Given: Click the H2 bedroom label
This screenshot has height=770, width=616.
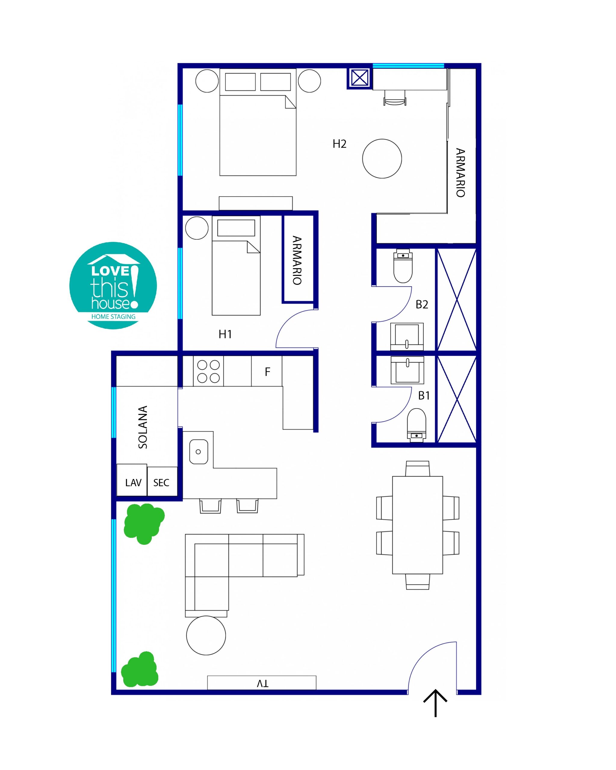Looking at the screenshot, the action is pyautogui.click(x=339, y=144).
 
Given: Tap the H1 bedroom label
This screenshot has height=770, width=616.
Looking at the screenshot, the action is pyautogui.click(x=225, y=334).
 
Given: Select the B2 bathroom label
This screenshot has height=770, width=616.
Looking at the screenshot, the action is pyautogui.click(x=422, y=304).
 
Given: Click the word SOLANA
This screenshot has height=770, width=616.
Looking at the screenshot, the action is pyautogui.click(x=143, y=427).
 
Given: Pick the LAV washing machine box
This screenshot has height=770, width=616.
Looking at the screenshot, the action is pyautogui.click(x=132, y=480).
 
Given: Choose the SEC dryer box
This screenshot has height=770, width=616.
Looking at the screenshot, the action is pyautogui.click(x=162, y=481).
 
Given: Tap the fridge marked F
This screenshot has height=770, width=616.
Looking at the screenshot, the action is pyautogui.click(x=267, y=371).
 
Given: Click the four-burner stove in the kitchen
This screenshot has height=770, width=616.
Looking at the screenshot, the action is pyautogui.click(x=208, y=371).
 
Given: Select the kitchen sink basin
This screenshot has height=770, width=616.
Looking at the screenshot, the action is pyautogui.click(x=198, y=452).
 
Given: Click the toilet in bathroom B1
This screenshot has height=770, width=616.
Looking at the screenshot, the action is pyautogui.click(x=416, y=425).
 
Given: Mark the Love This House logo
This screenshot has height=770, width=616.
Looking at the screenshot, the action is pyautogui.click(x=113, y=286).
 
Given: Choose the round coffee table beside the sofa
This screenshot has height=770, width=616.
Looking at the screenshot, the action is pyautogui.click(x=206, y=635).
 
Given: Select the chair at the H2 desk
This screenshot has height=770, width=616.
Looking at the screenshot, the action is pyautogui.click(x=395, y=97).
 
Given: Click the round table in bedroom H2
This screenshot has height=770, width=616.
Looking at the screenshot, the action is pyautogui.click(x=382, y=159).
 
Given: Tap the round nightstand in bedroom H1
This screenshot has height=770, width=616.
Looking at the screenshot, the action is pyautogui.click(x=197, y=228).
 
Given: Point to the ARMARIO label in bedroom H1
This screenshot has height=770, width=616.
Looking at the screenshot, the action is pyautogui.click(x=297, y=260).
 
